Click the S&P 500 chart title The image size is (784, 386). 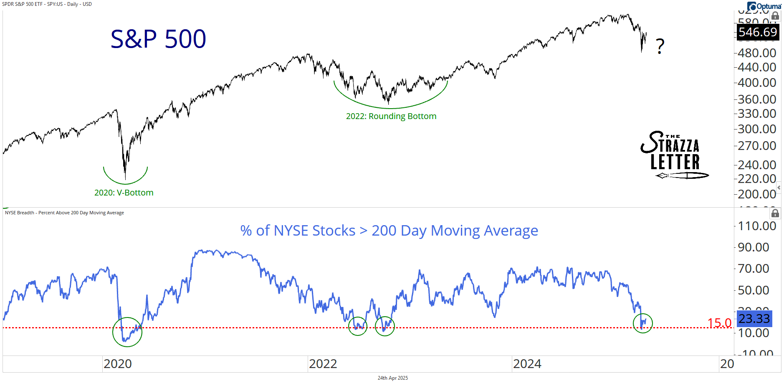(x=158, y=39)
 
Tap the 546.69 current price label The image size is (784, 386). (x=757, y=32)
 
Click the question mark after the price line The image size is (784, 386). (x=660, y=46)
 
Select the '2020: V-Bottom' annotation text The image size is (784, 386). (x=124, y=193)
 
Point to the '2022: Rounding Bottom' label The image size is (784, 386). (x=391, y=116)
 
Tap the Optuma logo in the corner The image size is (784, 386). (x=764, y=6)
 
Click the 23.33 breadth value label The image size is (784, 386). (x=754, y=319)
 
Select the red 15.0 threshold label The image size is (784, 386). (x=719, y=323)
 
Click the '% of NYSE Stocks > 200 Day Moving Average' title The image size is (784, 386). (x=389, y=231)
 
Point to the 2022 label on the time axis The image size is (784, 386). (x=323, y=364)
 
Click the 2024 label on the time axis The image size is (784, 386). (x=527, y=364)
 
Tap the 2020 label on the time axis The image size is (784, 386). (x=118, y=364)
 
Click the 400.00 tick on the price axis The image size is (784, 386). (x=756, y=83)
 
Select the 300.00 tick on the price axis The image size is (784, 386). (x=756, y=129)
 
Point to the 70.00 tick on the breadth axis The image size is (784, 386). (x=753, y=269)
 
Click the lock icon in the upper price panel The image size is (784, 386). (x=775, y=16)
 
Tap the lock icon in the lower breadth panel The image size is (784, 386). (x=775, y=213)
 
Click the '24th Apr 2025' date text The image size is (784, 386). (x=392, y=378)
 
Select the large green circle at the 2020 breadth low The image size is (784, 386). (x=127, y=332)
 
